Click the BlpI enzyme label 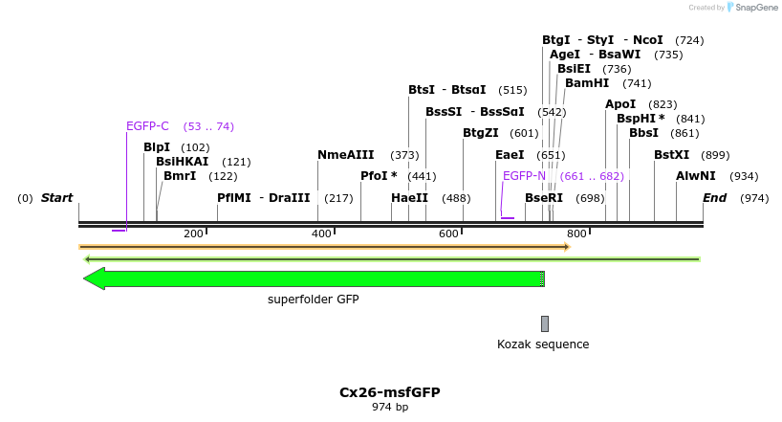pyautogui.click(x=157, y=147)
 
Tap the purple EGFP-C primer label pyautogui.click(x=147, y=126)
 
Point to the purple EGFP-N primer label pyautogui.click(x=524, y=176)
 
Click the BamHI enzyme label pyautogui.click(x=587, y=83)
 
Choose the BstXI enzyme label pyautogui.click(x=671, y=155)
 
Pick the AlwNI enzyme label pyautogui.click(x=695, y=176)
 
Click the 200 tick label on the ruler pyautogui.click(x=193, y=234)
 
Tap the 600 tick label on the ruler pyautogui.click(x=448, y=234)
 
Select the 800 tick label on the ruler pyautogui.click(x=576, y=234)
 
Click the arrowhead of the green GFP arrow pyautogui.click(x=94, y=278)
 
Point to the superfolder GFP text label pyautogui.click(x=313, y=300)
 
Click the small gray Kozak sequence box pyautogui.click(x=545, y=323)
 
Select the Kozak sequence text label pyautogui.click(x=543, y=344)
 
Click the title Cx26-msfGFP pyautogui.click(x=390, y=392)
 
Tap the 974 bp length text pyautogui.click(x=390, y=408)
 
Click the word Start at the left pyautogui.click(x=56, y=198)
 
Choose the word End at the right pyautogui.click(x=714, y=198)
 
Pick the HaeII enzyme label pyautogui.click(x=409, y=198)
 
